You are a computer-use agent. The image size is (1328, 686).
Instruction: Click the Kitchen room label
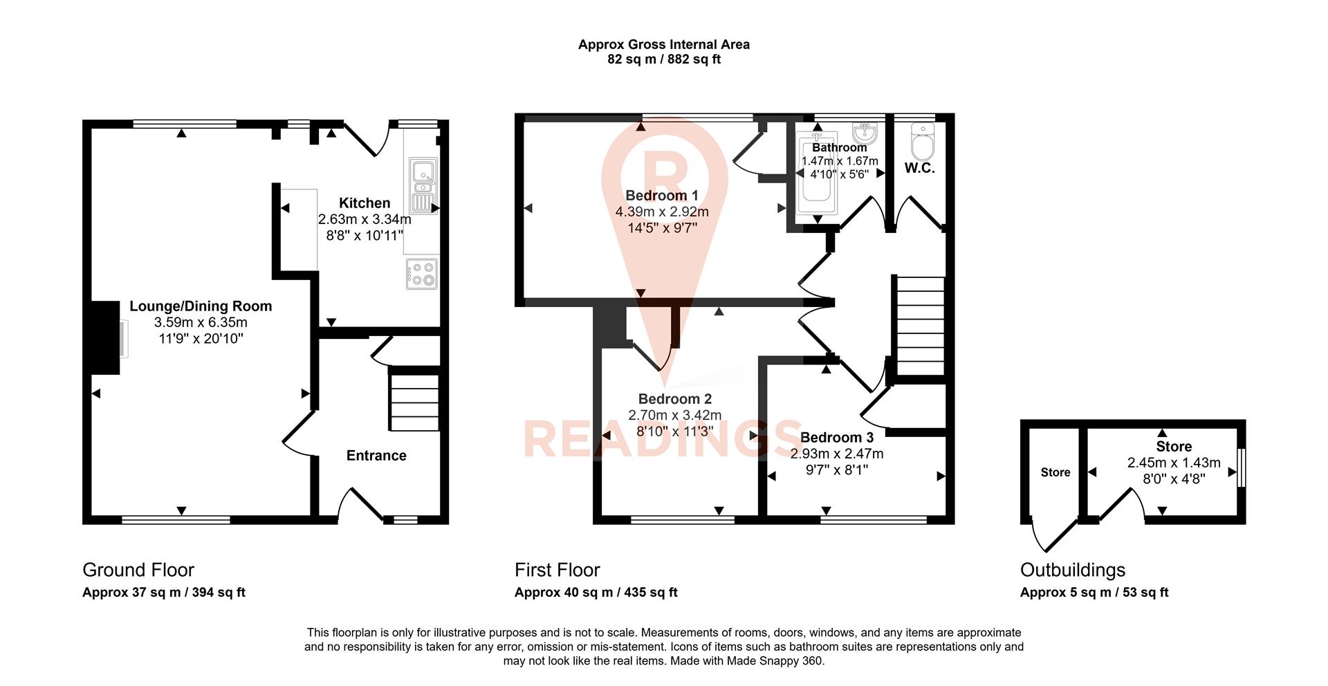(x=365, y=203)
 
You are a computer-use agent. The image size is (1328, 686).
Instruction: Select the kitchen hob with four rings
(x=421, y=274)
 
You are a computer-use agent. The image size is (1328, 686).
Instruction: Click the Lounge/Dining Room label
(x=201, y=306)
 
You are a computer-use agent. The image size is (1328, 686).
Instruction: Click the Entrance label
(x=376, y=455)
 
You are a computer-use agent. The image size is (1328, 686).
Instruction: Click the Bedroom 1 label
(x=662, y=195)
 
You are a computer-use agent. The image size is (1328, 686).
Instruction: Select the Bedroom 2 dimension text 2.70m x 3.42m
(x=674, y=415)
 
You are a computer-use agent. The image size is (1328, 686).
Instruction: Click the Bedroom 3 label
(x=837, y=437)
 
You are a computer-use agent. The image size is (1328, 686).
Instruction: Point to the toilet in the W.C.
(x=923, y=142)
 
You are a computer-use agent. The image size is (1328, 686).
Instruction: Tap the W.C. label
(x=920, y=168)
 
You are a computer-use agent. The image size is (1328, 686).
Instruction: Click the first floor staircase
(x=920, y=325)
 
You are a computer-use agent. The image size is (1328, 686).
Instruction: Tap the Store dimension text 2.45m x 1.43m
(x=1174, y=463)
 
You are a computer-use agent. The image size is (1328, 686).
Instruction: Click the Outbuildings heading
(x=1073, y=570)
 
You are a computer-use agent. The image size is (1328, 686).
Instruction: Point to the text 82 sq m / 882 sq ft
(x=664, y=59)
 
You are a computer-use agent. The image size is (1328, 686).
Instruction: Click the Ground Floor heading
(x=138, y=570)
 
